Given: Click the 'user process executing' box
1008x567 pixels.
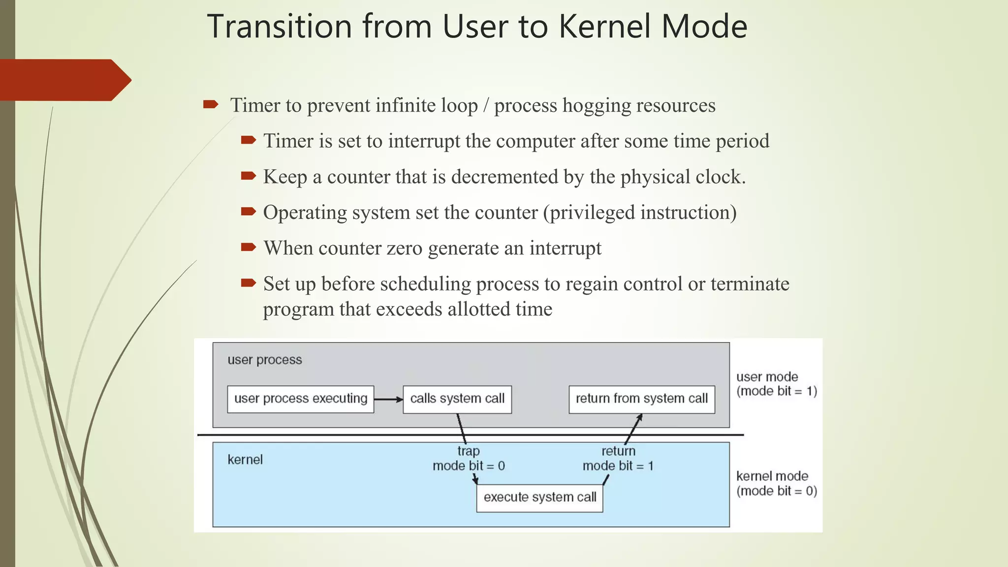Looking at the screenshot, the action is point(300,399).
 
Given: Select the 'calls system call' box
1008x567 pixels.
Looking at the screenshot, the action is point(457,399).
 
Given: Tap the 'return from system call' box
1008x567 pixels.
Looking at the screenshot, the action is point(641,399).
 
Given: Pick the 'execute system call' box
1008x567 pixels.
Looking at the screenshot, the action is point(539,498).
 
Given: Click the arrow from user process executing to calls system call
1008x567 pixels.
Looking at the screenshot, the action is point(388,399).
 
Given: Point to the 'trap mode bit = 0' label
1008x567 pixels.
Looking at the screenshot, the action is point(469,458).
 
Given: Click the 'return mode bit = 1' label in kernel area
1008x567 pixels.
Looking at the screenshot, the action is point(618,458).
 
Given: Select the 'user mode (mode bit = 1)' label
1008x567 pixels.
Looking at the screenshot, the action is point(776,384).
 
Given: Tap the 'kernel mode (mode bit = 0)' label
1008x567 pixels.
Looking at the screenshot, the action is point(776,483).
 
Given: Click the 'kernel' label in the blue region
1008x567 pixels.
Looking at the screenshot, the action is point(245,460).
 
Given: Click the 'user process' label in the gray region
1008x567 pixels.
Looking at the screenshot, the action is point(264,360).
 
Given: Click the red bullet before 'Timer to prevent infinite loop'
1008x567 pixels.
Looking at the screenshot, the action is point(211,104).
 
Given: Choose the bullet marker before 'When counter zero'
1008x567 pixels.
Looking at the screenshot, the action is point(249,247).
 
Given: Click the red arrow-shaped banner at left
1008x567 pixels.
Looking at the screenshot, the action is point(64,80).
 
